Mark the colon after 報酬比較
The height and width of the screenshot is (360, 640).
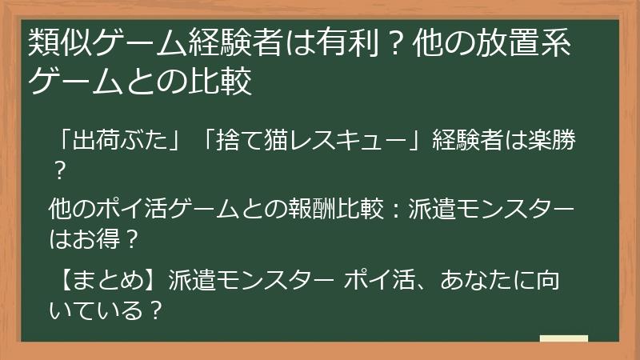[394, 210]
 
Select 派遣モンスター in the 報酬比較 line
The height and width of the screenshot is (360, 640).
[491, 210]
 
